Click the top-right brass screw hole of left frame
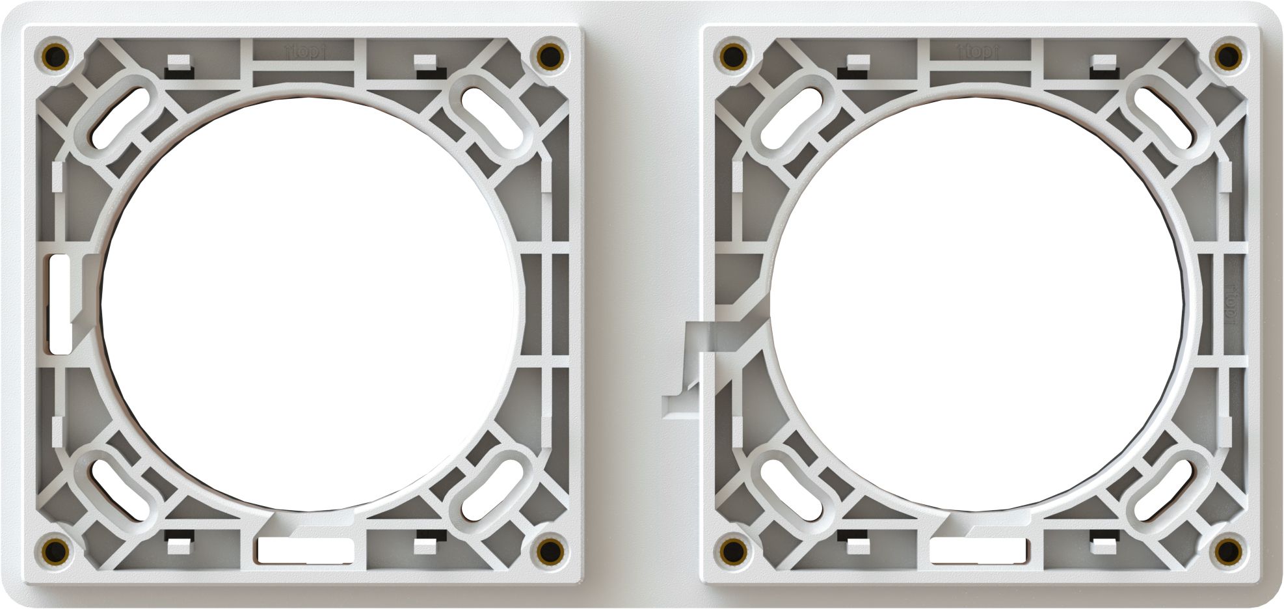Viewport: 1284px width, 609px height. [x=550, y=55]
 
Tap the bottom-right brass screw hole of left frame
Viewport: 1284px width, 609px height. [x=550, y=551]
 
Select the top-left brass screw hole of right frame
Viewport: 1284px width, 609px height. [x=732, y=55]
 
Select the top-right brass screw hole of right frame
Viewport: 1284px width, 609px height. [x=1227, y=55]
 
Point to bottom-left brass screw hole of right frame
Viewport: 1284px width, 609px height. [x=732, y=551]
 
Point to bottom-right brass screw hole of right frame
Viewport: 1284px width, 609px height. [x=1227, y=551]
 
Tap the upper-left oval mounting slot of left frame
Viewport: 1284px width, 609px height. [x=119, y=118]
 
